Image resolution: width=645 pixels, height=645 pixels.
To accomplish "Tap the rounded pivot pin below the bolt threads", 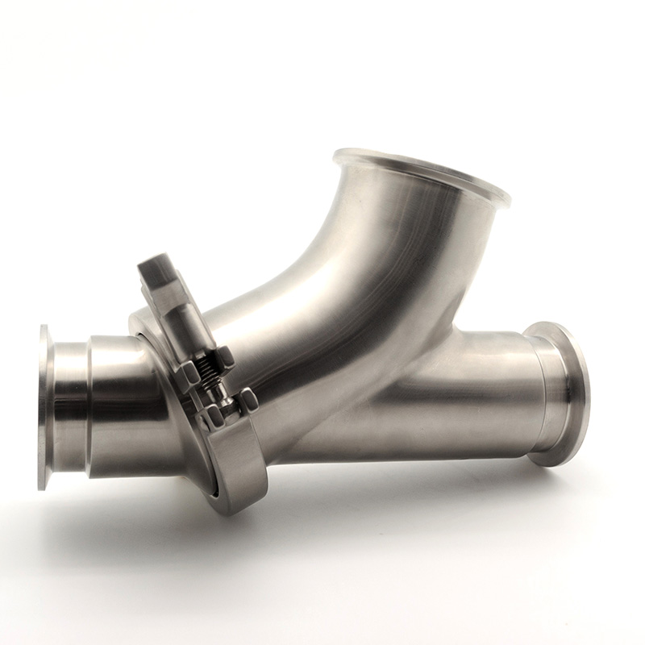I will tap(218, 395).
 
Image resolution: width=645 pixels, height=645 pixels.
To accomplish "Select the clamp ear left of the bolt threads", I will tap(188, 372).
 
